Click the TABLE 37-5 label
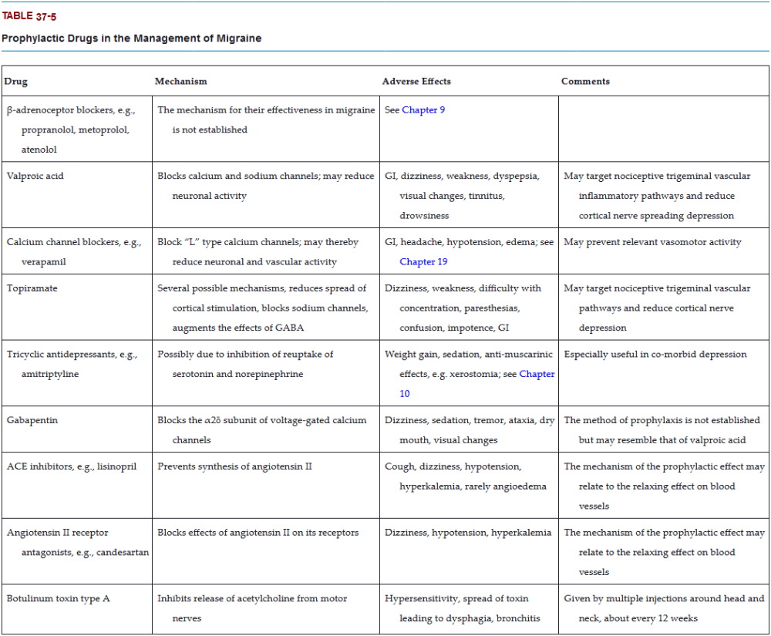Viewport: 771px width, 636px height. click(x=29, y=16)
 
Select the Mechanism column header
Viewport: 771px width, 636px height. click(x=180, y=81)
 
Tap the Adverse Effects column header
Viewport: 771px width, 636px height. click(x=416, y=81)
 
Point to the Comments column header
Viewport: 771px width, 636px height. click(x=585, y=81)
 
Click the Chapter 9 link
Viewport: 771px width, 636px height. click(x=423, y=110)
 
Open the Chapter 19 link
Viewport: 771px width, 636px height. click(x=423, y=262)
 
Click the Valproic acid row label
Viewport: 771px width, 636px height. click(x=35, y=176)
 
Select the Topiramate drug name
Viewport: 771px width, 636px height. click(x=32, y=288)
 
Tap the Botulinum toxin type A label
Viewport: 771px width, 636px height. click(x=59, y=598)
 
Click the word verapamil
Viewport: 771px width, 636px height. click(x=44, y=262)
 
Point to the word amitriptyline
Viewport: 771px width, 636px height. click(x=50, y=375)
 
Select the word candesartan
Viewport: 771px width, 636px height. click(x=123, y=553)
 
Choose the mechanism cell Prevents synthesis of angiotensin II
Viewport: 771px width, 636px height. click(x=234, y=466)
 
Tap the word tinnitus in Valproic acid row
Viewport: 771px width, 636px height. click(x=487, y=196)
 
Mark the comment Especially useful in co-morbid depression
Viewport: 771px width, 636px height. click(x=655, y=355)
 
